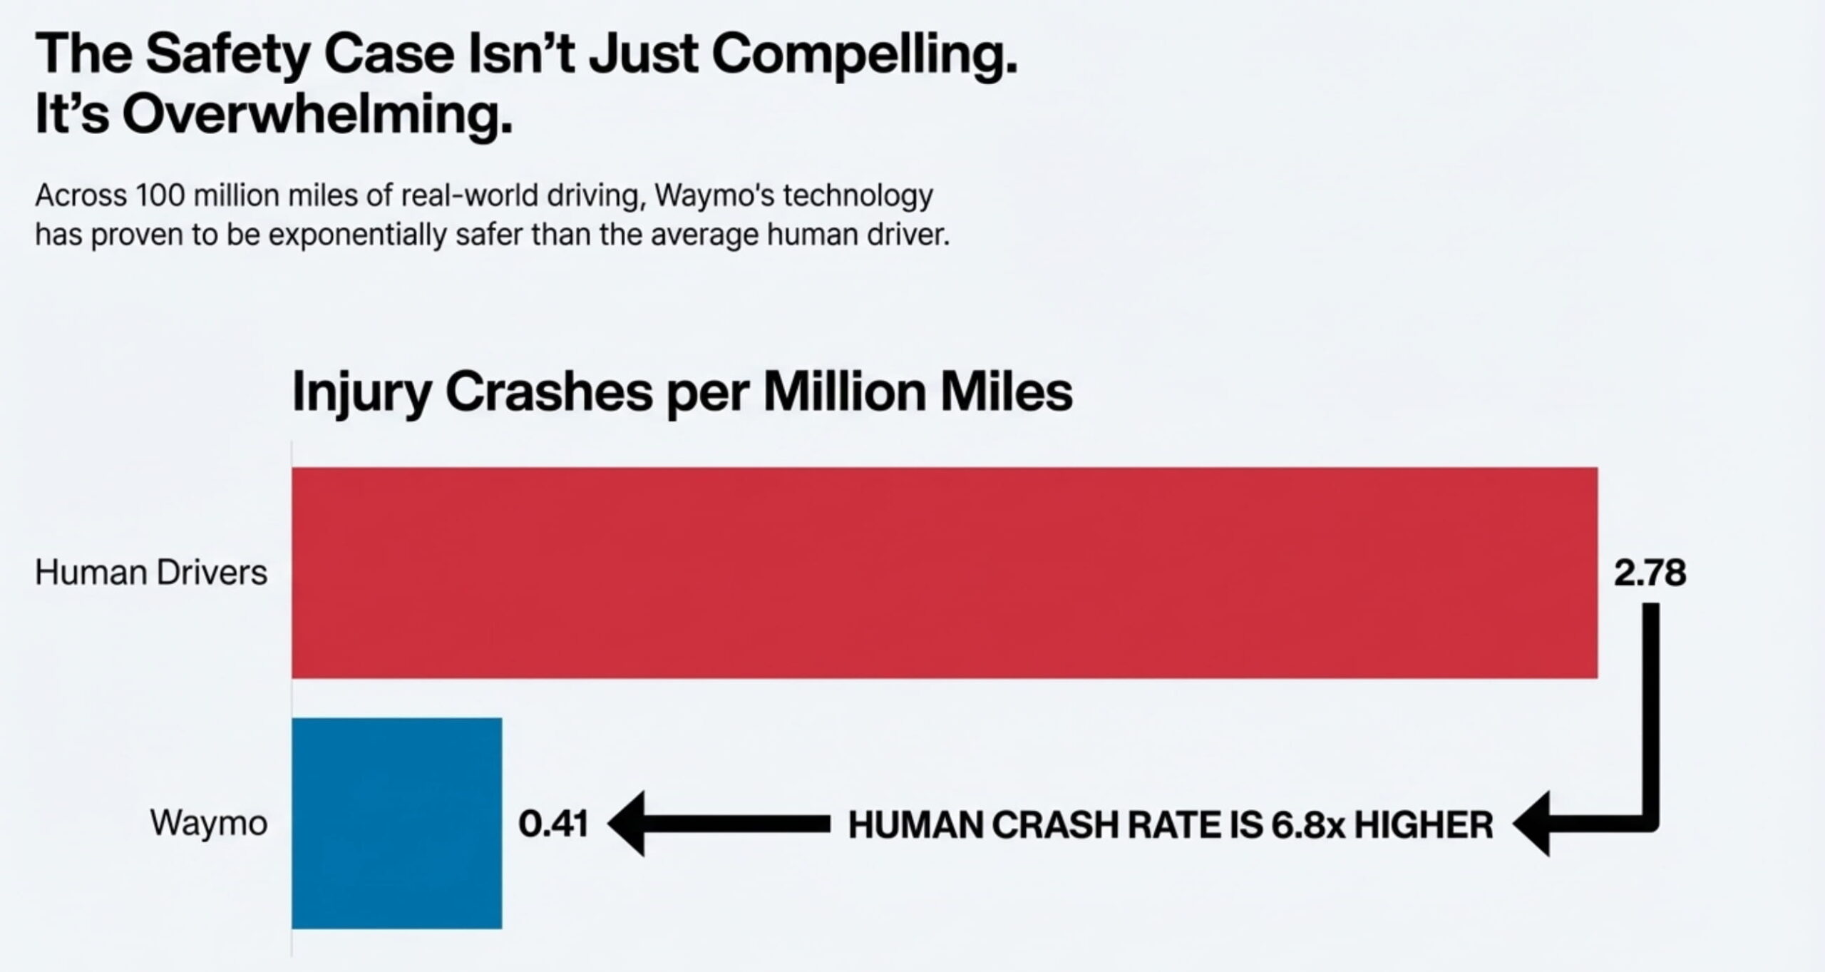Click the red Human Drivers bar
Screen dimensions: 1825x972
pyautogui.click(x=945, y=573)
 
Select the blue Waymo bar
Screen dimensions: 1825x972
pyautogui.click(x=396, y=823)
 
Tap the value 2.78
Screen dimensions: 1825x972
pyautogui.click(x=1650, y=573)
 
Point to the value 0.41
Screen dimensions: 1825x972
pyautogui.click(x=553, y=824)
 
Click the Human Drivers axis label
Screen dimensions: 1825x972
pyautogui.click(x=151, y=573)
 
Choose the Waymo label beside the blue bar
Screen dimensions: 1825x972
pyautogui.click(x=209, y=824)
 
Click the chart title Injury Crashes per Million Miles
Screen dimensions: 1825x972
pyautogui.click(x=682, y=392)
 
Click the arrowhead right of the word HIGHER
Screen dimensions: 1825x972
pyautogui.click(x=1531, y=824)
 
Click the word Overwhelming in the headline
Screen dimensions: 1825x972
pyautogui.click(x=317, y=114)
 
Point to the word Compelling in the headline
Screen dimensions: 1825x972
pyautogui.click(x=864, y=56)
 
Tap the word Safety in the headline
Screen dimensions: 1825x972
pyautogui.click(x=227, y=56)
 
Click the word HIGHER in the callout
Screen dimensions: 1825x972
pyautogui.click(x=1423, y=825)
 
